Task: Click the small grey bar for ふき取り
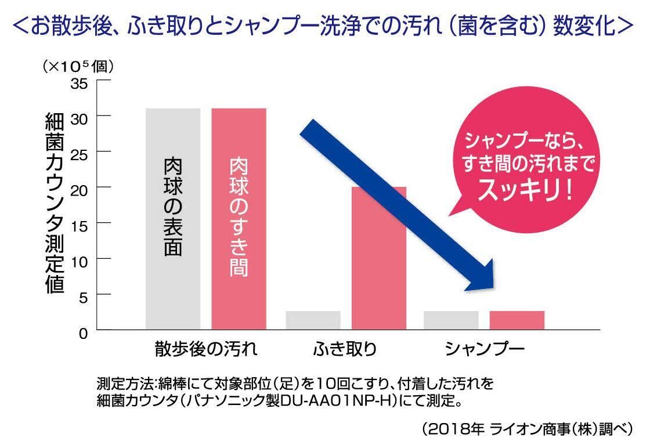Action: pyautogui.click(x=313, y=320)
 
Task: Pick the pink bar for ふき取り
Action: pyautogui.click(x=378, y=258)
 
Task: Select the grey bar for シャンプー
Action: pyautogui.click(x=451, y=320)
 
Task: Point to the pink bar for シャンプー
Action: pyautogui.click(x=517, y=320)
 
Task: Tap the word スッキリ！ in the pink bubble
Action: pyautogui.click(x=525, y=191)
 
